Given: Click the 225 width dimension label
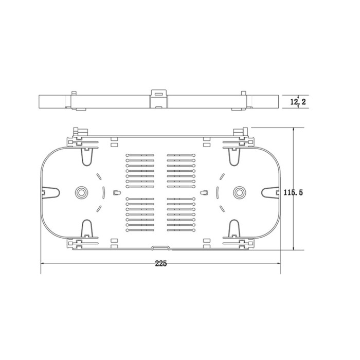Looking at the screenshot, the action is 160,263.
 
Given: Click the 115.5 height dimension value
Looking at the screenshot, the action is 293,192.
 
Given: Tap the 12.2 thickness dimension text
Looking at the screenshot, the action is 298,101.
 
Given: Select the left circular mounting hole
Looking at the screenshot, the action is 81,192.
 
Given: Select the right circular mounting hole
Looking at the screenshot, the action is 239,192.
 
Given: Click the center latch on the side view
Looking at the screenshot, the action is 158,99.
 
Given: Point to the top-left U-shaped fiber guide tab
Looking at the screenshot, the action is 87,156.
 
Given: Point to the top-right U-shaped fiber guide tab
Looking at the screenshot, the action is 234,156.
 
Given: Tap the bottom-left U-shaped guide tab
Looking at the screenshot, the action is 87,228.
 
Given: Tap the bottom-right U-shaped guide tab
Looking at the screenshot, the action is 234,228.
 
